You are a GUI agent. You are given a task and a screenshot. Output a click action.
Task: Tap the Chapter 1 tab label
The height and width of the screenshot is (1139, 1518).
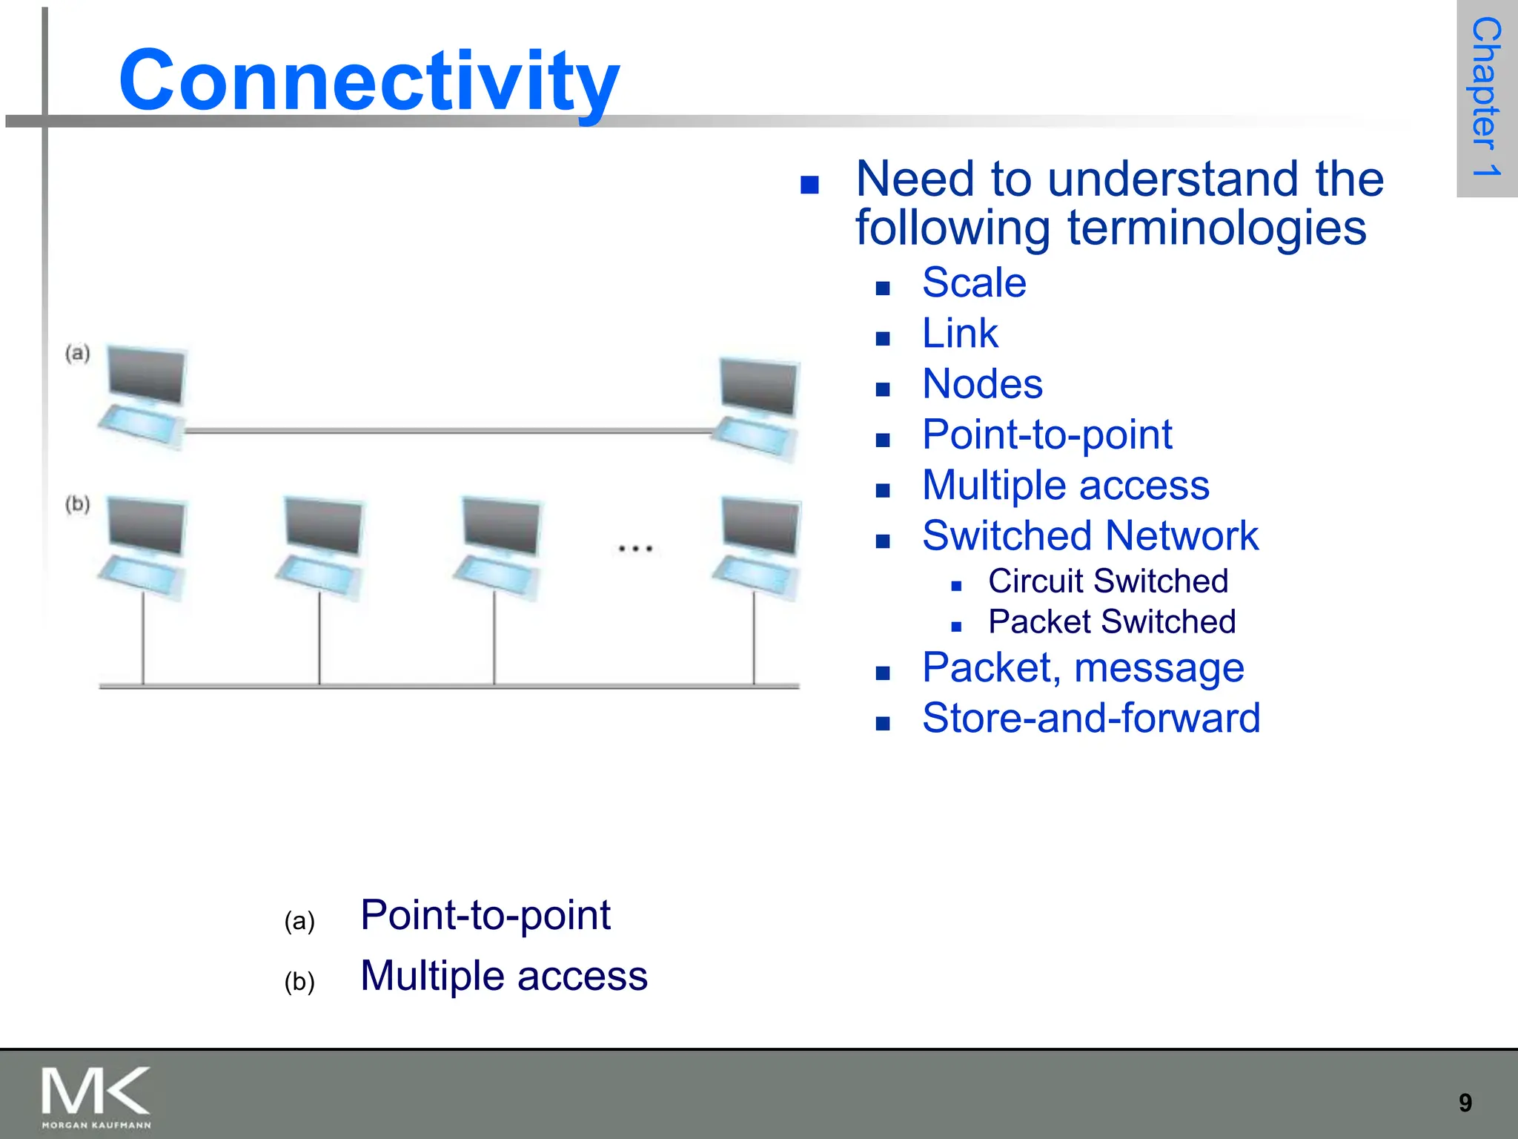coord(1485,97)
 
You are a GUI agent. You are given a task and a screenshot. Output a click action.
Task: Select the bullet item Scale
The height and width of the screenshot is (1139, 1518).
coord(973,283)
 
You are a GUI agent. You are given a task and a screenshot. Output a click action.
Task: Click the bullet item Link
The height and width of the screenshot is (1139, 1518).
coord(959,333)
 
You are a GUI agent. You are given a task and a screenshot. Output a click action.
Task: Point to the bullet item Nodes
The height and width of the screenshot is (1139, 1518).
coord(981,384)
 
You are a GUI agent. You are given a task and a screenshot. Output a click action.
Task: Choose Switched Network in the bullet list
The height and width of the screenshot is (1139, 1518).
coord(1090,535)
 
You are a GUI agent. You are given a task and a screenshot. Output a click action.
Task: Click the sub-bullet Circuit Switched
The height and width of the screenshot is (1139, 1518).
coord(1107,581)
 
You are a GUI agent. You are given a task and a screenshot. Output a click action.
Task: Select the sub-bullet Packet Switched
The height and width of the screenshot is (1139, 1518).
coord(1111,621)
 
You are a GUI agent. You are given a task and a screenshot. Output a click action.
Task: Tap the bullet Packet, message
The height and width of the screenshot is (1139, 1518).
coord(1082,667)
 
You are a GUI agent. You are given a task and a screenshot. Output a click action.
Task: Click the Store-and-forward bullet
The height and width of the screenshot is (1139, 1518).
coord(1090,718)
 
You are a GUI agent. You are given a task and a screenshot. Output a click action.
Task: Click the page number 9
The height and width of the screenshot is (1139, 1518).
coord(1465,1103)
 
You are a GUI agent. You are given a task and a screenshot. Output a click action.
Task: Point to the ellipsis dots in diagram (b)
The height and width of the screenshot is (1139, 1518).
coord(635,549)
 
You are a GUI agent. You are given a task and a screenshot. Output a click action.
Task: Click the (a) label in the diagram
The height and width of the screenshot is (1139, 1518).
coord(78,353)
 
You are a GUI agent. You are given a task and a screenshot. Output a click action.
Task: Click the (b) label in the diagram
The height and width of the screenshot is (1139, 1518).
coord(78,504)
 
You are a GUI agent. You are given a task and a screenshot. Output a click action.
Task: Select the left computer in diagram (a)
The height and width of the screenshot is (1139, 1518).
coord(143,397)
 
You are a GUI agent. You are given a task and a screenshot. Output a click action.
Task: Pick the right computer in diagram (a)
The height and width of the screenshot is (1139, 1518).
coord(756,408)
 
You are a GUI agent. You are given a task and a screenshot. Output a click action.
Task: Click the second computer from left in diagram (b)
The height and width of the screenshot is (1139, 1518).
coord(321,547)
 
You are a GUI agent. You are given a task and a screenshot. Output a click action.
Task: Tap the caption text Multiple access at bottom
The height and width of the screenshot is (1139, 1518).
coord(503,975)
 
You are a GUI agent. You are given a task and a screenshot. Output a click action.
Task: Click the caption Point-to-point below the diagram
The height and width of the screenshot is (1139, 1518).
coord(485,914)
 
